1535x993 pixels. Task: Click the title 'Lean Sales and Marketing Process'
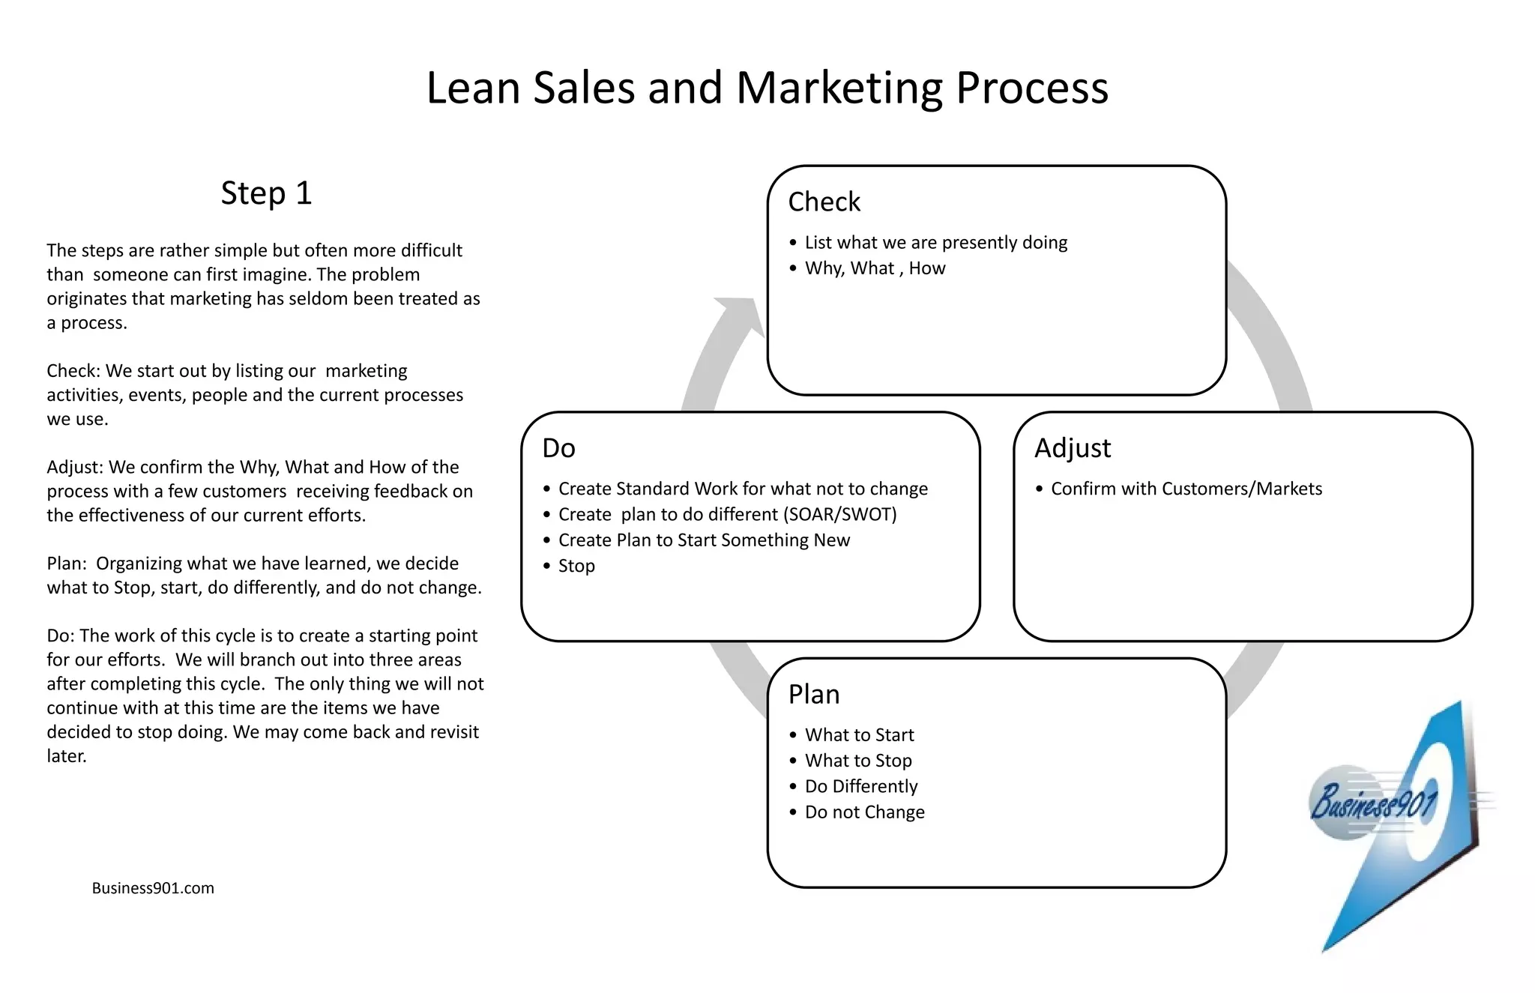click(767, 88)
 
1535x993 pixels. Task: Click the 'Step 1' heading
click(266, 193)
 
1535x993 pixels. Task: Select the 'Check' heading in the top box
click(824, 202)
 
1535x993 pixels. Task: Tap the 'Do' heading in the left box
click(558, 448)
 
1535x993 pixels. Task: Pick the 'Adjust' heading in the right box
click(1072, 448)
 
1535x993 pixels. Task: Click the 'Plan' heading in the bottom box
click(813, 694)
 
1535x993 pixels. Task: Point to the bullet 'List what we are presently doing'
click(935, 242)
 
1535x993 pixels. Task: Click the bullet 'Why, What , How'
click(875, 268)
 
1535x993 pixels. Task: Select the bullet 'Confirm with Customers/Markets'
click(1186, 489)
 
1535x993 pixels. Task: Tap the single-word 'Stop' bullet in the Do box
click(576, 566)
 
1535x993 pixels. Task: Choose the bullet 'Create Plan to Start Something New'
click(704, 540)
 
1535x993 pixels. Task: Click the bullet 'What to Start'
click(859, 734)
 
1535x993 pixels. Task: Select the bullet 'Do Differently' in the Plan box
click(860, 786)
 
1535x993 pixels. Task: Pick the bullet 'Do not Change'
click(864, 812)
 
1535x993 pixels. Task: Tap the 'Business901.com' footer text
click(153, 888)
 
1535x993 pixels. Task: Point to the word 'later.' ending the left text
click(67, 756)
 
